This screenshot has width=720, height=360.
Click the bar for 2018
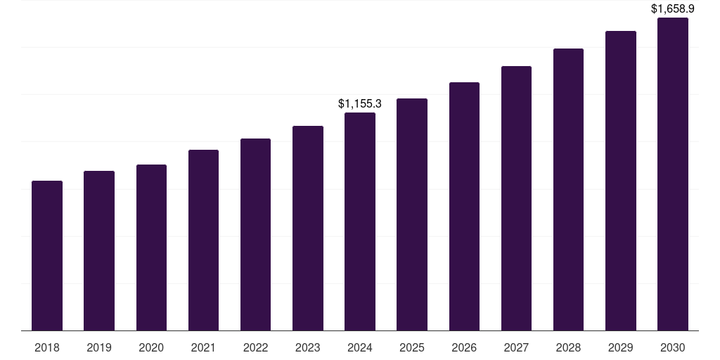(47, 256)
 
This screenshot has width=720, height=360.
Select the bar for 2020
(151, 247)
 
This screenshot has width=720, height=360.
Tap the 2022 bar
(255, 235)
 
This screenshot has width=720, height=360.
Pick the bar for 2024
(360, 221)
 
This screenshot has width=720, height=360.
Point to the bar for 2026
(464, 207)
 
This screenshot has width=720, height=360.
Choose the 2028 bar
(568, 190)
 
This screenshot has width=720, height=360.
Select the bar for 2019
(99, 251)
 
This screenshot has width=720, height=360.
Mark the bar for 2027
(516, 198)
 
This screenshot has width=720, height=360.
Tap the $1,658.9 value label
(672, 9)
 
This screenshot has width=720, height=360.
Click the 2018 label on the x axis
(47, 347)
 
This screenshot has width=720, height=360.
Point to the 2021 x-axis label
(203, 347)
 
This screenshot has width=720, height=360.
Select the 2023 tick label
(308, 347)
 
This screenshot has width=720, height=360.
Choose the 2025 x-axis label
(412, 347)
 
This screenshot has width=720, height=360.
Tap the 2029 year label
(620, 347)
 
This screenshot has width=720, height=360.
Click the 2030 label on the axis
(672, 347)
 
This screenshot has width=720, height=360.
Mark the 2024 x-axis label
(360, 347)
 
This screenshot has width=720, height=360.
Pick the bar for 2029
(620, 181)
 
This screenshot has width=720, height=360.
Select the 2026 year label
(464, 347)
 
